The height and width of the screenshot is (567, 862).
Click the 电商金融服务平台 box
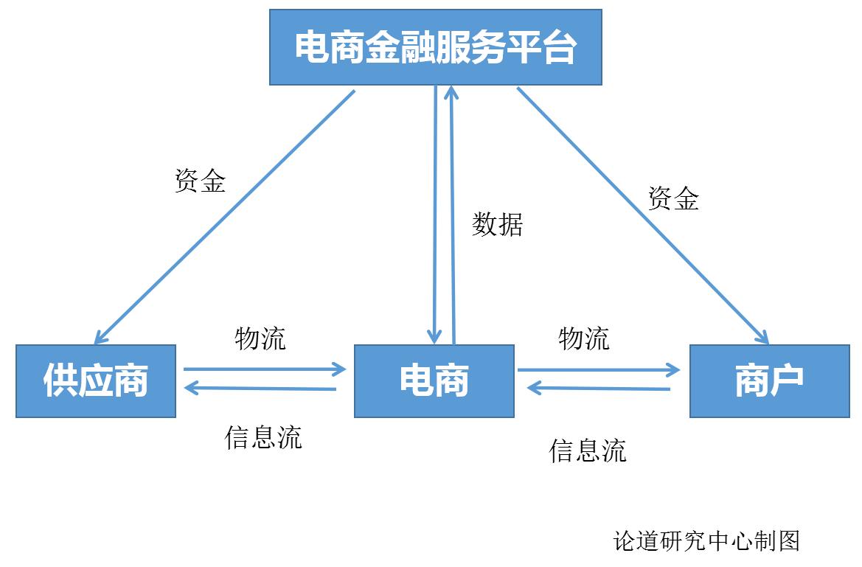435,47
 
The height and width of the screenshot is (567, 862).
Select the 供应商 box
96,380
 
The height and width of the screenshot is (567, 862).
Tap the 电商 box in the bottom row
434,380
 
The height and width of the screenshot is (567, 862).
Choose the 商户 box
769,380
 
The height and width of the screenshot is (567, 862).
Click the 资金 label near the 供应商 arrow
200,180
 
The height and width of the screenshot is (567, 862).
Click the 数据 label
498,223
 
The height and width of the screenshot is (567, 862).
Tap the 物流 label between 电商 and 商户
584,338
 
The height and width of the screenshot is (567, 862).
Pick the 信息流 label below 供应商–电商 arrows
263,437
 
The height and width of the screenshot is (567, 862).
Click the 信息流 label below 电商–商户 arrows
588,450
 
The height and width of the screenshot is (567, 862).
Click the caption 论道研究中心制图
706,541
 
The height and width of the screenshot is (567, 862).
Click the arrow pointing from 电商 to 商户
597,369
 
